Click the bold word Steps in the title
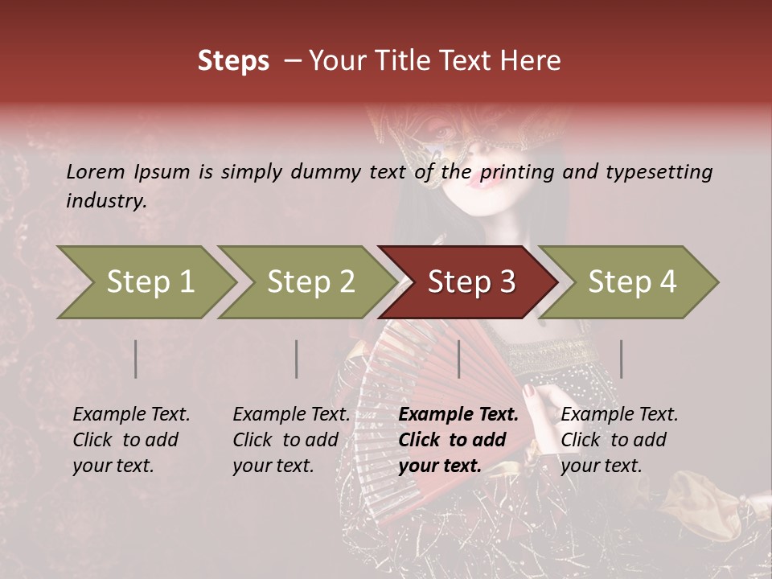(233, 61)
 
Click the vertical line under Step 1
(136, 359)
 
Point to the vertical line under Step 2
(297, 359)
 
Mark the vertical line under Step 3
(458, 359)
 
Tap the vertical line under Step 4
(621, 359)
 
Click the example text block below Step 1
(131, 440)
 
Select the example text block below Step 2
(291, 440)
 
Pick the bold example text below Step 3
(458, 440)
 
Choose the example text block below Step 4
(619, 440)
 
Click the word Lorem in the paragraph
(96, 171)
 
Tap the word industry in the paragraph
(106, 201)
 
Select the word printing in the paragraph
(519, 172)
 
